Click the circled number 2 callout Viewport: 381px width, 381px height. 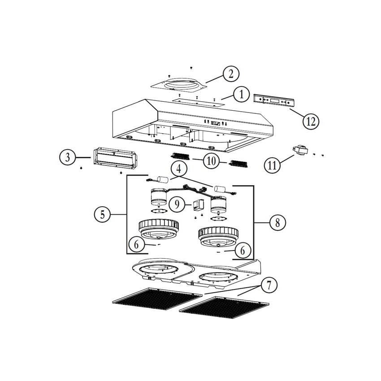[230, 74]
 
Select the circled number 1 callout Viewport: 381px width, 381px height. [241, 95]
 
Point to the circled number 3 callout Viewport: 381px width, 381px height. [68, 157]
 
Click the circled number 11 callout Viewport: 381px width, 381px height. [272, 165]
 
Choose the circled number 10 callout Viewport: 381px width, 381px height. [211, 160]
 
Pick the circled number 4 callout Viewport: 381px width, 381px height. [179, 169]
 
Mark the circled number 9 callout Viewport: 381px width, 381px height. [177, 204]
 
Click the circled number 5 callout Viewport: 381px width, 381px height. [102, 214]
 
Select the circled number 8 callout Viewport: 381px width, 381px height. [277, 222]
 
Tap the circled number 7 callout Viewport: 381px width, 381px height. [268, 286]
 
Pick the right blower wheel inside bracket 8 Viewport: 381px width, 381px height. [218, 237]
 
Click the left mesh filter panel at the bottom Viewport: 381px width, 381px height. [157, 299]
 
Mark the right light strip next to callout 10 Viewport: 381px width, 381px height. [238, 164]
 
